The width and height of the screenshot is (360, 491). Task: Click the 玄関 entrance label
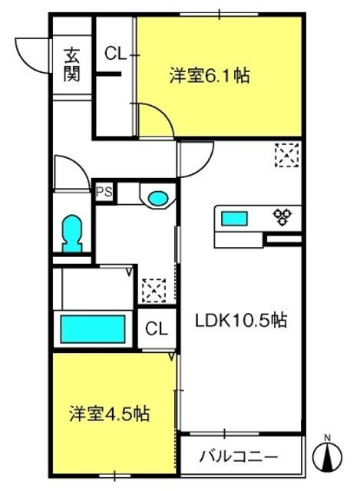[x=72, y=64]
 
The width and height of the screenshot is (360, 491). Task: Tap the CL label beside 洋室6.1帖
[x=115, y=54]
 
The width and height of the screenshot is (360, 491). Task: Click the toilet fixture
[x=73, y=232]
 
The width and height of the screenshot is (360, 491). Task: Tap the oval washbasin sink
[x=158, y=199]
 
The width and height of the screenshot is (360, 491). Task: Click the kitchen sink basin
[x=235, y=219]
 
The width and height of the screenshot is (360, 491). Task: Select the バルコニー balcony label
[x=239, y=458]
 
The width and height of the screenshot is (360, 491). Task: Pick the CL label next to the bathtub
[x=157, y=329]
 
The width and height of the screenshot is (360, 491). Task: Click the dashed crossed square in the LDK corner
[x=286, y=157]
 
